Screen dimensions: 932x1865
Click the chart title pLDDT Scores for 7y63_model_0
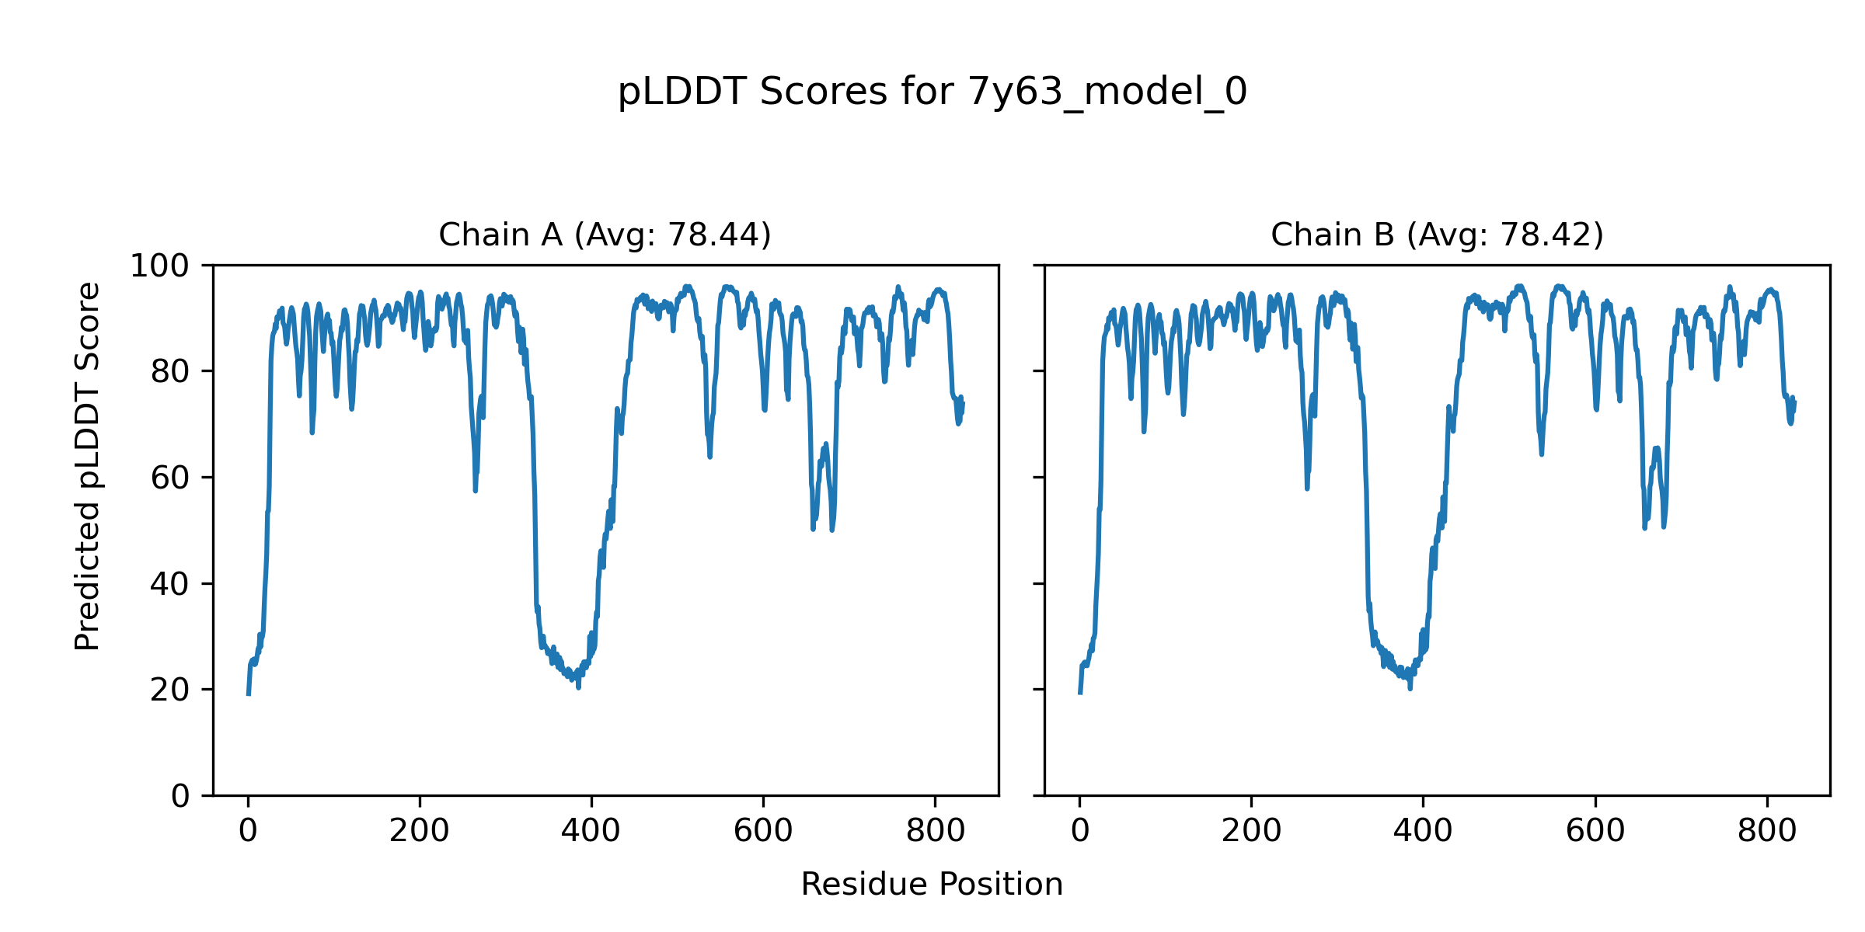coord(932,92)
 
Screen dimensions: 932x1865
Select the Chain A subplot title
coord(605,235)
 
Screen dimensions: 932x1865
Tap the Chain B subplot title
coord(1437,235)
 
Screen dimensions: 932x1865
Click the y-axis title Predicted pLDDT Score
coord(87,466)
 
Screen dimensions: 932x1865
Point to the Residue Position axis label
coord(932,885)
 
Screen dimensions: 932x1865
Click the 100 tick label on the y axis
coord(159,266)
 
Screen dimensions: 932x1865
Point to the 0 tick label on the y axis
coord(180,796)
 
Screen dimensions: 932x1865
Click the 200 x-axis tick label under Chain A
coord(420,831)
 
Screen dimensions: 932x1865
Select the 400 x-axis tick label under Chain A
coord(591,831)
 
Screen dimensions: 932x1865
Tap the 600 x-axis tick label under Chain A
coord(763,831)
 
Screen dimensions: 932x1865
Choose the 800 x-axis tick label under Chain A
coord(935,831)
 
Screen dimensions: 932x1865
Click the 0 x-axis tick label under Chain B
coord(1079,831)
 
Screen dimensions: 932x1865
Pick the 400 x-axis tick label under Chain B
coord(1423,831)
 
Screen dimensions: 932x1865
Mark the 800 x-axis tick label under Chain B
coord(1767,831)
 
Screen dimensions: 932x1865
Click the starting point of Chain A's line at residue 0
coord(248,694)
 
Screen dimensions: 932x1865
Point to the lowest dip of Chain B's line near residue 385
coord(1410,688)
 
